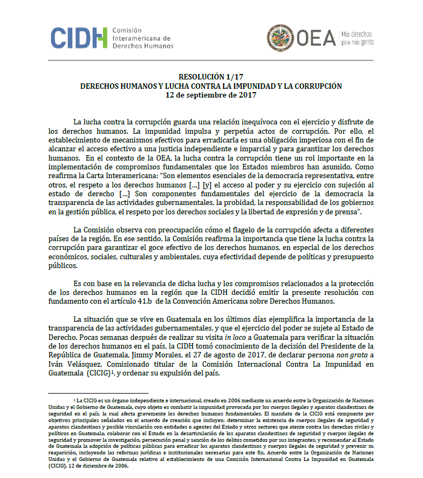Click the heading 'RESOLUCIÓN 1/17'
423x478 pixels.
[211, 77]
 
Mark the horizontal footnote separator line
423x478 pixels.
[98, 393]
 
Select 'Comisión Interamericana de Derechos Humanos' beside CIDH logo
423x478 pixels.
[142, 38]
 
